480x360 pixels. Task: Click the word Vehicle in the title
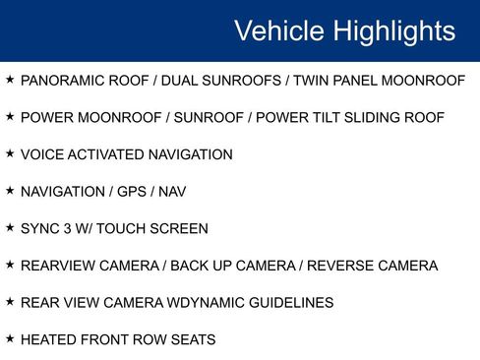[276, 30]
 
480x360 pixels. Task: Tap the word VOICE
[41, 154]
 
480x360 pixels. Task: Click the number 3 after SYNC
[70, 229]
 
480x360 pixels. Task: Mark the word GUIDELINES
[285, 303]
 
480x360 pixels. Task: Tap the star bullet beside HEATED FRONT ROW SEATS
[10, 339]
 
